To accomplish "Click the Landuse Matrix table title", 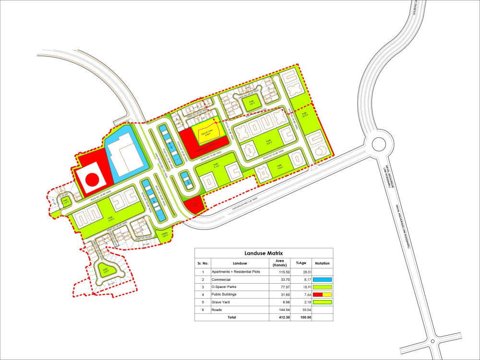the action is (264, 253).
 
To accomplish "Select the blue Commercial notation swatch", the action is (323, 279).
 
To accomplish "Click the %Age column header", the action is (301, 263).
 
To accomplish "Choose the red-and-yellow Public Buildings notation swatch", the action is (323, 294).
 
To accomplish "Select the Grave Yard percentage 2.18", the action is (301, 302).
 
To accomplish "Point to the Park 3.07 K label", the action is (250, 102).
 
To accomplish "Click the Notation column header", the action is (323, 263).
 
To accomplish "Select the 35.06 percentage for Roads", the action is (301, 310).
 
